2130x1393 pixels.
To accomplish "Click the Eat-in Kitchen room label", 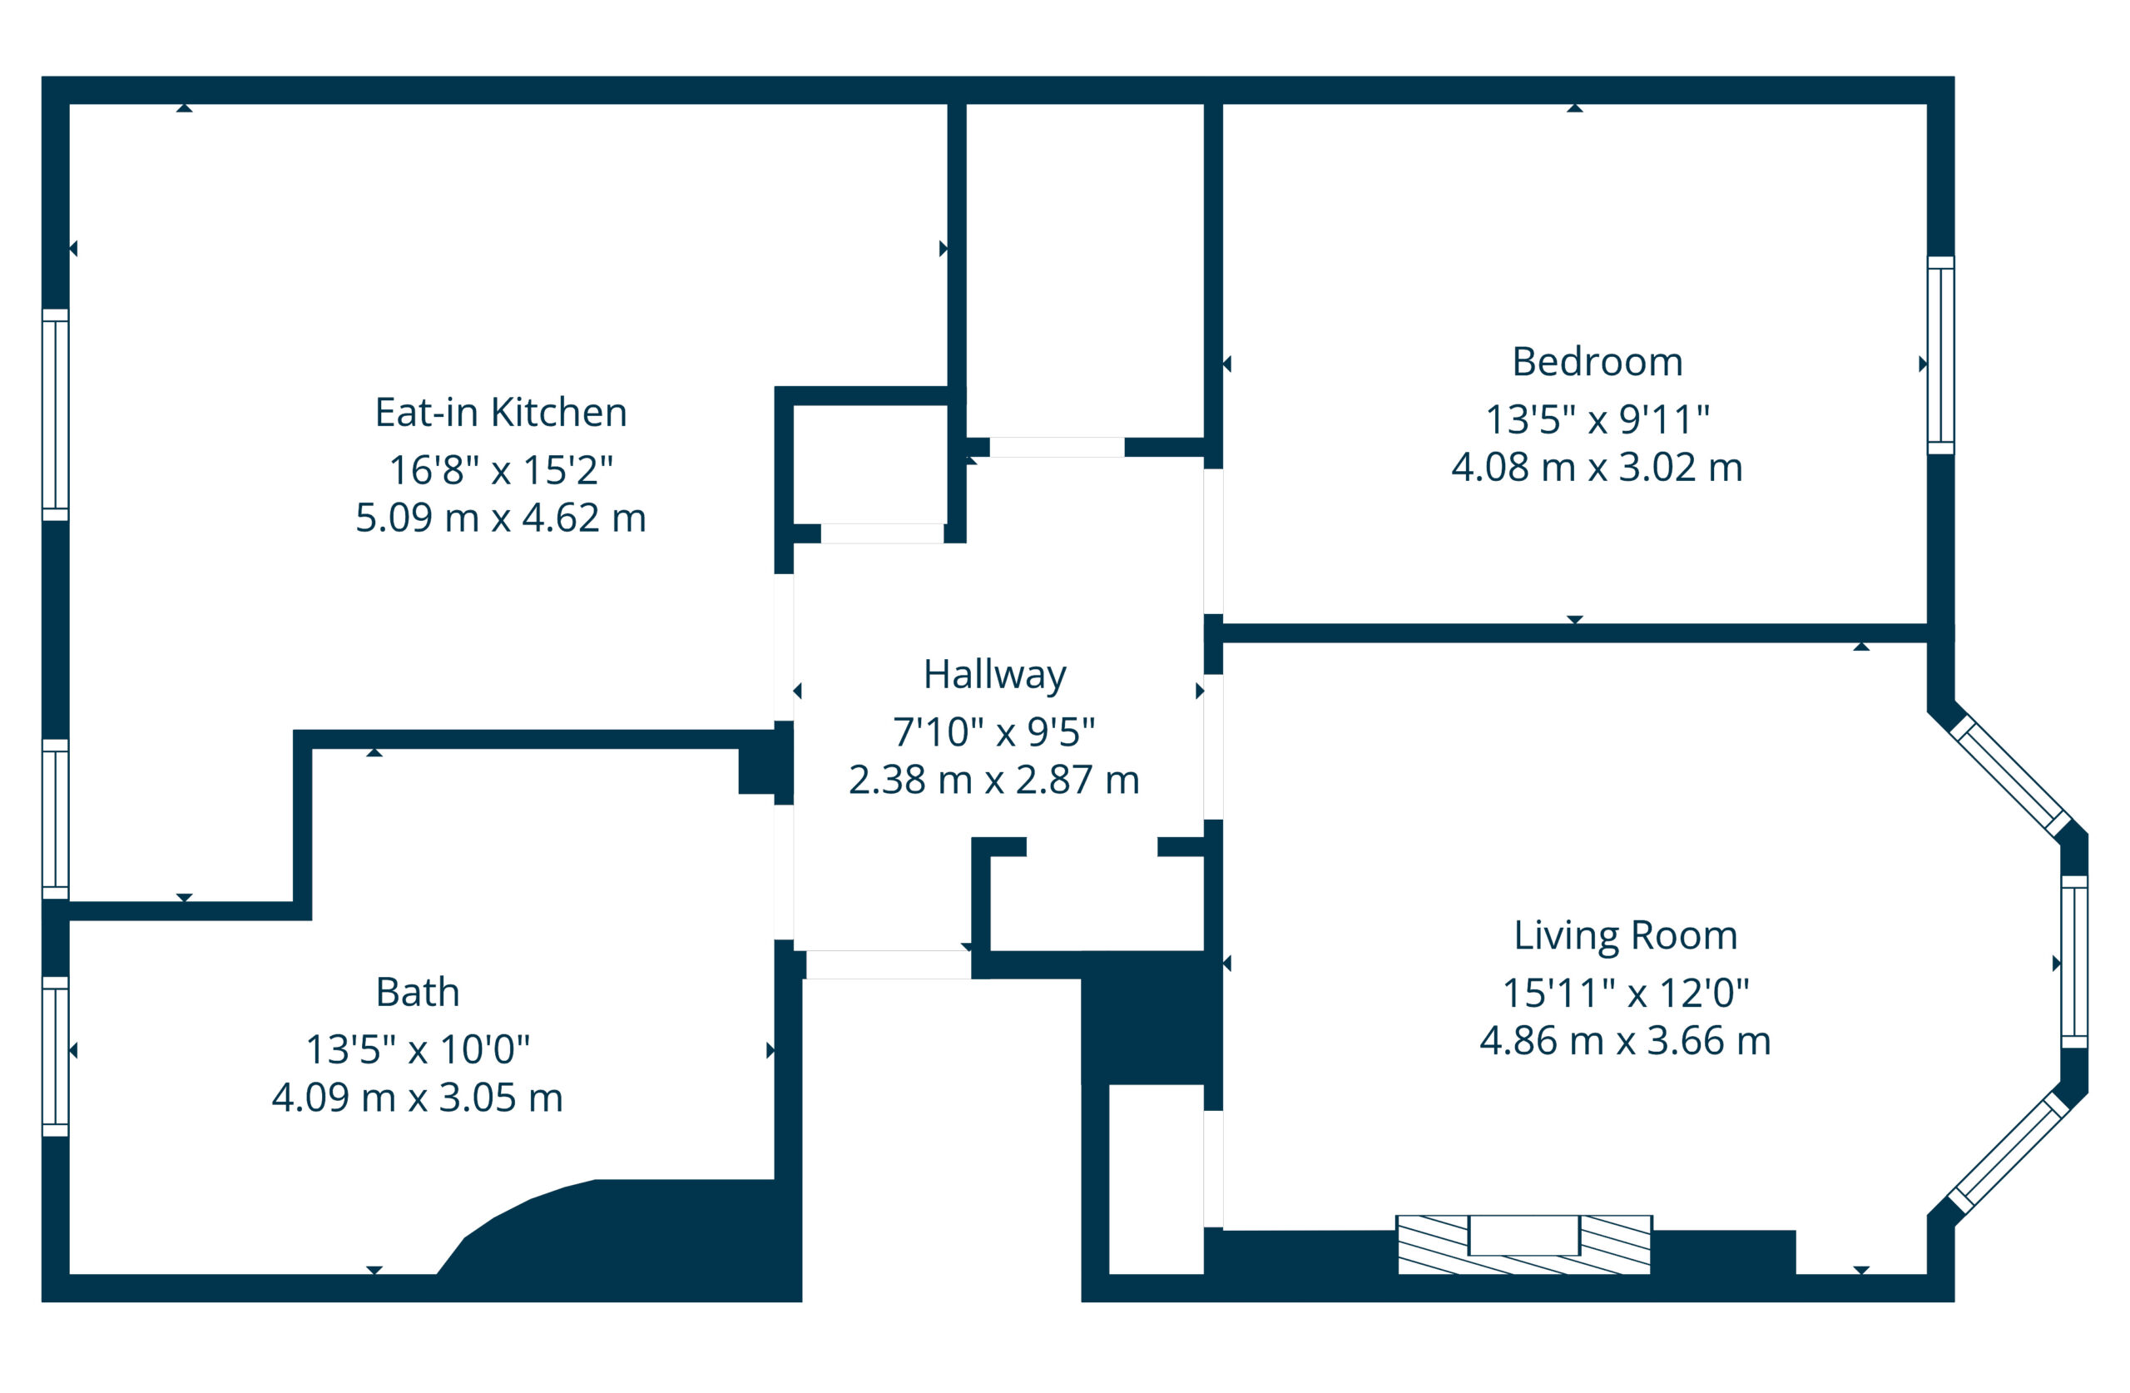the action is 500,413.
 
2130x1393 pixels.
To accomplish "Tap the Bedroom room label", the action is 1597,362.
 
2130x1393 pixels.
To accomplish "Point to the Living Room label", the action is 1625,935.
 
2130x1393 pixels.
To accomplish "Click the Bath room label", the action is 417,992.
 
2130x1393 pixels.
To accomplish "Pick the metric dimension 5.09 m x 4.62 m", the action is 500,518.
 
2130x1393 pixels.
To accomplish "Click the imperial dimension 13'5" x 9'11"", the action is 1597,419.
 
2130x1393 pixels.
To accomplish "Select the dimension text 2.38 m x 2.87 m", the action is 993,780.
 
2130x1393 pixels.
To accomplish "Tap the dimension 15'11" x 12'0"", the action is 1625,993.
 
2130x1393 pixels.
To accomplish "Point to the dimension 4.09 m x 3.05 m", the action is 417,1098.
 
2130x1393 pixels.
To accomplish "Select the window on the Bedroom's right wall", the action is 1940,355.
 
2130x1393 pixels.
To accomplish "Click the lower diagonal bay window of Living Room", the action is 2010,1153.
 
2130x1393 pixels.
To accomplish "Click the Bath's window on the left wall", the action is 56,1056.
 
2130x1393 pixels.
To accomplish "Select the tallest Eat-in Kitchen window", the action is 56,415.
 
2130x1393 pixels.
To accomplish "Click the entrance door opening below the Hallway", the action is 888,964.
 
